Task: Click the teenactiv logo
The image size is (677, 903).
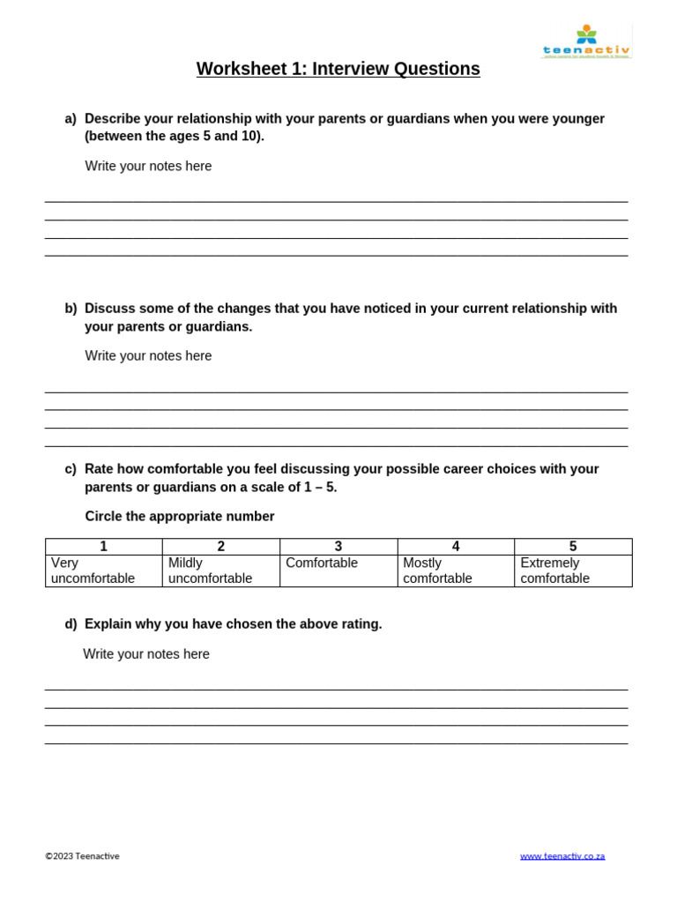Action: pyautogui.click(x=586, y=42)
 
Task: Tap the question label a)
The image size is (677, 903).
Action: pyautogui.click(x=71, y=119)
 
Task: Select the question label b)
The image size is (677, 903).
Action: pyautogui.click(x=71, y=309)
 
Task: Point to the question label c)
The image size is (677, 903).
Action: pyautogui.click(x=71, y=469)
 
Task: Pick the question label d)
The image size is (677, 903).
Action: pyautogui.click(x=71, y=624)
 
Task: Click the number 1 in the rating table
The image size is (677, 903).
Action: pyautogui.click(x=104, y=547)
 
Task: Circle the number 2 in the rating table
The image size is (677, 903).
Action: pyautogui.click(x=221, y=547)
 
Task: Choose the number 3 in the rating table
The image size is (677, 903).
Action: pyautogui.click(x=338, y=547)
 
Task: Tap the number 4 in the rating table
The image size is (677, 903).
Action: pyautogui.click(x=456, y=547)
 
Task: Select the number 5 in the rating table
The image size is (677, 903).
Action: pyautogui.click(x=573, y=547)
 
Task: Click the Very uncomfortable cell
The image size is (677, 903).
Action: pyautogui.click(x=93, y=571)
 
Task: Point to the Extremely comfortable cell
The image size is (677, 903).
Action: pyautogui.click(x=555, y=571)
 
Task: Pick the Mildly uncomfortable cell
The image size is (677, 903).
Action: pyautogui.click(x=210, y=571)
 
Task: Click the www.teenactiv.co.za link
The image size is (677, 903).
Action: pyautogui.click(x=562, y=856)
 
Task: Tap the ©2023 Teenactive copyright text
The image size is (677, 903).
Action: pyautogui.click(x=83, y=856)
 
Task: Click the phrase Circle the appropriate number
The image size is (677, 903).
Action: pyautogui.click(x=180, y=517)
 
